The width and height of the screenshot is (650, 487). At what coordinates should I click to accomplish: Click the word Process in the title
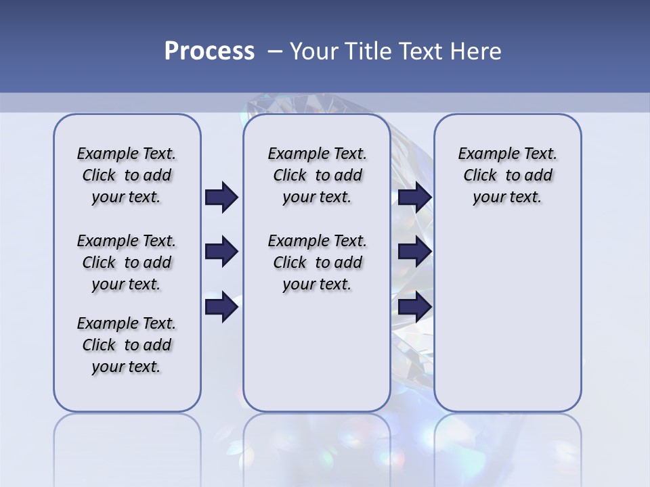[x=209, y=51]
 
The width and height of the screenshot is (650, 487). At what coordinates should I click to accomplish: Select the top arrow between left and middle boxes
[x=221, y=198]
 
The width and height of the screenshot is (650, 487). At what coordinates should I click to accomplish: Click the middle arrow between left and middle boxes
[x=221, y=252]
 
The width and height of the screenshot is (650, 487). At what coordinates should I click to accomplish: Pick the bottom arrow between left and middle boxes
[x=221, y=307]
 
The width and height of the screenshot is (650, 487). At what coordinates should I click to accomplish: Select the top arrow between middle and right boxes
[x=414, y=198]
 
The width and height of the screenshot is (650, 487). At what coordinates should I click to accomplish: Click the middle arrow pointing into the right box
[x=414, y=252]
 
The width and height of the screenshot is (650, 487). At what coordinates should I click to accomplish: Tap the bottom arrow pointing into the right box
[x=414, y=307]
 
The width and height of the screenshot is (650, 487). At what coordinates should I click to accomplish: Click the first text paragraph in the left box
[x=127, y=175]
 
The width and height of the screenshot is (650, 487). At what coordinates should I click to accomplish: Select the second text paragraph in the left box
[x=127, y=262]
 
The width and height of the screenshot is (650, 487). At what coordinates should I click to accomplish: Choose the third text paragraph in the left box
[x=127, y=345]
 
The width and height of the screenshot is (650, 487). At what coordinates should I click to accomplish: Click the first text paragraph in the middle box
[x=317, y=175]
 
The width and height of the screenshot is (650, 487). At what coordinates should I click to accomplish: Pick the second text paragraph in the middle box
[x=317, y=262]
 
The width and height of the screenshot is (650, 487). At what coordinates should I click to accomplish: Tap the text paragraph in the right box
[x=507, y=175]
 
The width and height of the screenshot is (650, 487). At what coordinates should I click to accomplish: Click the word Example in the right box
[x=484, y=154]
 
